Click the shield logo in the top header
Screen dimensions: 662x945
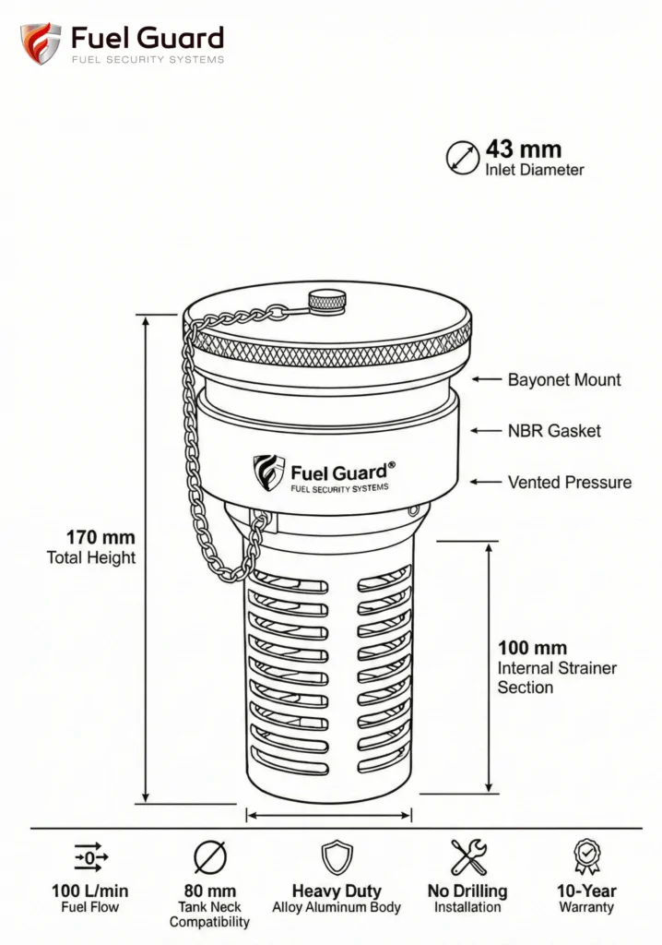click(40, 42)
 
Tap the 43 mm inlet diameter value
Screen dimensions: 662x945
click(524, 149)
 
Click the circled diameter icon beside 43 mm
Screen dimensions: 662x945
click(462, 157)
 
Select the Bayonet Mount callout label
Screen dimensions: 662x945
click(564, 379)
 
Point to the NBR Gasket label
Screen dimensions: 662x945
click(554, 431)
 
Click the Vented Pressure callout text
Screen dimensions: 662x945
click(569, 482)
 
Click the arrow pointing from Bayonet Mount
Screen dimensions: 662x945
click(486, 379)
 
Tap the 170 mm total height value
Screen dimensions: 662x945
click(100, 537)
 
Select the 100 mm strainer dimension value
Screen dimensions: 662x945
click(532, 648)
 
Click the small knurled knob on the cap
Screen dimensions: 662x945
click(327, 302)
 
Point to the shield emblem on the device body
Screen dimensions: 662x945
click(268, 472)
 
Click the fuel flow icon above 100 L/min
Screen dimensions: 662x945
click(91, 857)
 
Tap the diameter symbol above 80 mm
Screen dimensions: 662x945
click(209, 857)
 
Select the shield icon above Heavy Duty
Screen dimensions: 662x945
click(337, 857)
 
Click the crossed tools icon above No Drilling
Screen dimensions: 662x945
click(468, 857)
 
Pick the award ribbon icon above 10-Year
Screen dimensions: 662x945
click(586, 857)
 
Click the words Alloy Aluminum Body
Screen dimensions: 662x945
click(337, 907)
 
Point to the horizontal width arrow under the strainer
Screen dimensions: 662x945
click(329, 816)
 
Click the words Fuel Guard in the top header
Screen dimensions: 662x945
click(148, 38)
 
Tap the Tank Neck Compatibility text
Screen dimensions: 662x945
click(209, 915)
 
